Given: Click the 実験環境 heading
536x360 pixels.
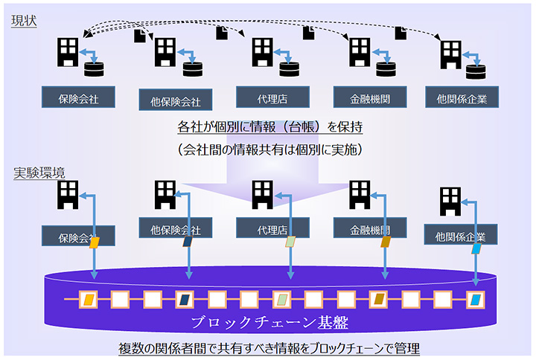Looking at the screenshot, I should point(39,173).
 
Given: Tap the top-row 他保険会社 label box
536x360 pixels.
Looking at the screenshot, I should point(176,100).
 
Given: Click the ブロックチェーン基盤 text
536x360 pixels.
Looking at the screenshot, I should point(269,323).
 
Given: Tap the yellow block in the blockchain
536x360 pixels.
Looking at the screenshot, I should point(89,300).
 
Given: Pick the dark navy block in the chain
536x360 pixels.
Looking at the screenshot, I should point(185,300).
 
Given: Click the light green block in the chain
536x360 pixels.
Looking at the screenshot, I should point(281,300).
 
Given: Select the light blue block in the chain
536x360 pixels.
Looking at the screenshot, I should point(475,300).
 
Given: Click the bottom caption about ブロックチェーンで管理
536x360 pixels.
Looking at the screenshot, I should point(269,347).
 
